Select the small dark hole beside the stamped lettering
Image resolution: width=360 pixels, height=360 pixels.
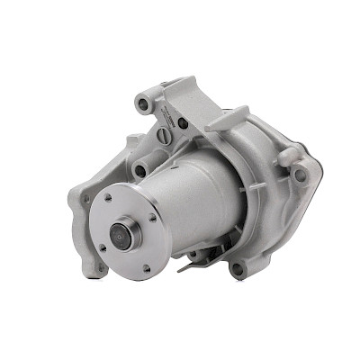(x=183, y=122)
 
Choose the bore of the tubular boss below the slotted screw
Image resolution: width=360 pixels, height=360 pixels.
(x=140, y=167)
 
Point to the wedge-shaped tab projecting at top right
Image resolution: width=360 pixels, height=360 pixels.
(x=230, y=117)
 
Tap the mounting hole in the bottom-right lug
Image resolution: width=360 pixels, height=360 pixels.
(x=237, y=267)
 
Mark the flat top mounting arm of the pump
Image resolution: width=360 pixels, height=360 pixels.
(x=184, y=93)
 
